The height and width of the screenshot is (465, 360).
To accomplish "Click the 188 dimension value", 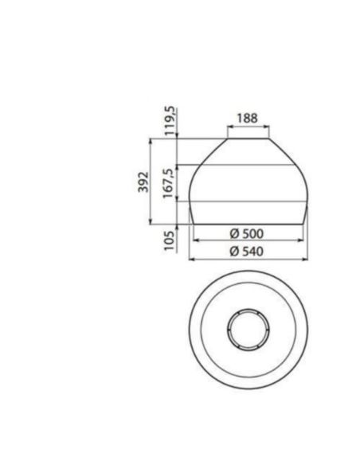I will (247, 119).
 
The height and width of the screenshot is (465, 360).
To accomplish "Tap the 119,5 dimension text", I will (170, 121).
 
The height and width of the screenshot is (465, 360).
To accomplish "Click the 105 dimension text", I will (169, 240).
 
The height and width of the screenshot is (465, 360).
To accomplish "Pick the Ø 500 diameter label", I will (246, 234).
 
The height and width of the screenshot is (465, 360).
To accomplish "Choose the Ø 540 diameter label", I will (246, 251).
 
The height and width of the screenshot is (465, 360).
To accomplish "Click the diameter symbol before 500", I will (233, 234).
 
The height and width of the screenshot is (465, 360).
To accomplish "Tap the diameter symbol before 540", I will (233, 251).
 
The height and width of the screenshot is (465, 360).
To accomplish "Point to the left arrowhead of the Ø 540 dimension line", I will (190, 259).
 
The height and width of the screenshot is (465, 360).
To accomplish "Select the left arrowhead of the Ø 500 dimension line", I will (196, 241).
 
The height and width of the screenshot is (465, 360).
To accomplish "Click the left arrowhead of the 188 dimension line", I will (227, 127).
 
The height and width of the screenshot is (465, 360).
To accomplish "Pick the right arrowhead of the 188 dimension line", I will (268, 127).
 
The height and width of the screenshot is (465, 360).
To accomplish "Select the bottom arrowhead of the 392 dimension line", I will (151, 223).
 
